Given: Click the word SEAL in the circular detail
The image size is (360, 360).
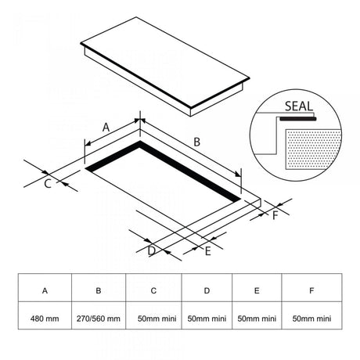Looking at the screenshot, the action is click(299, 106).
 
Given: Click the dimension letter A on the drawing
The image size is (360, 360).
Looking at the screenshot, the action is click(106, 128).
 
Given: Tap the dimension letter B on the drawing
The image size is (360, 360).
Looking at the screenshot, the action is click(197, 142).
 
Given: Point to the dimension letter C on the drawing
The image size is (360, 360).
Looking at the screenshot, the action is click(48, 184).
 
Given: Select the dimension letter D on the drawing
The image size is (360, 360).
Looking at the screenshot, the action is click(152, 251).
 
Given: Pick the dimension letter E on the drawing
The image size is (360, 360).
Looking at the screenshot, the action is click(207, 251).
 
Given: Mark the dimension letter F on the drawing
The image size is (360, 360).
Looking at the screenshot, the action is click(275, 216).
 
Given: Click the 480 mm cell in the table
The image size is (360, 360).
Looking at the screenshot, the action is click(45, 319).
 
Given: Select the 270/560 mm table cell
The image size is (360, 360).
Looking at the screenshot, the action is click(99, 319).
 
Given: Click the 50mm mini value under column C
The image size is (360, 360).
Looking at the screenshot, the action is click(157, 319).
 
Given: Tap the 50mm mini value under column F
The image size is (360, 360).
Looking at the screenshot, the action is click(311, 319).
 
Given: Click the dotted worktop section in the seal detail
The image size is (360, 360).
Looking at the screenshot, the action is click(313, 149).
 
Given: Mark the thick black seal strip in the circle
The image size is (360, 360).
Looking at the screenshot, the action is click(298, 119).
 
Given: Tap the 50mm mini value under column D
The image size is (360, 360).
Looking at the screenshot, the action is click(207, 319).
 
